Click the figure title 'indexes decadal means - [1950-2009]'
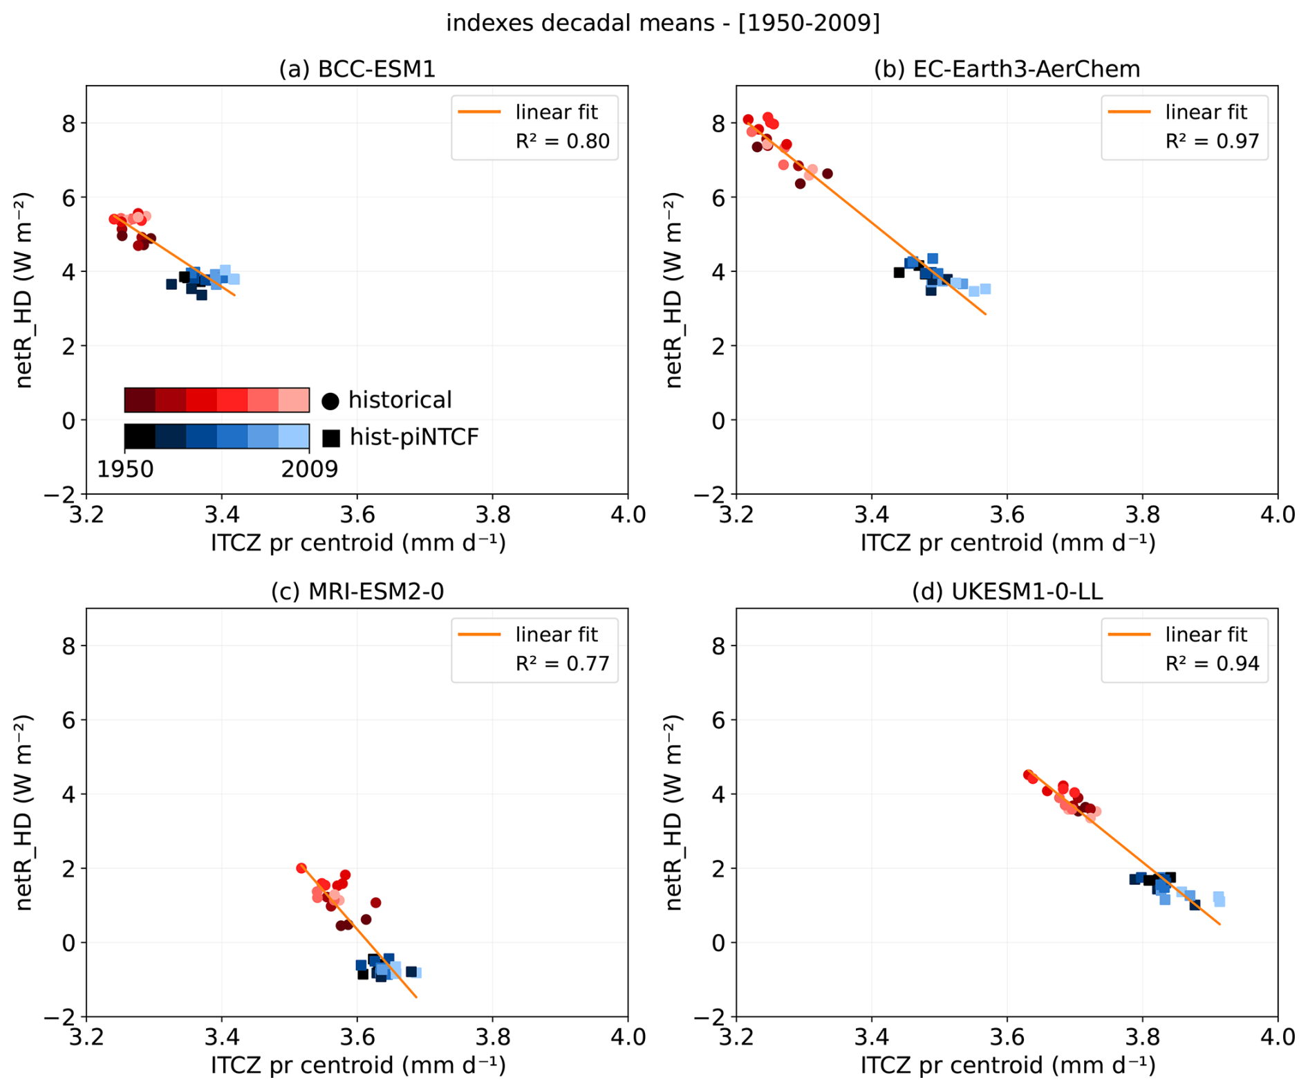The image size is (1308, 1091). coord(662,23)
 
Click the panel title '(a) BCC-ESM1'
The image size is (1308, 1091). coord(357,69)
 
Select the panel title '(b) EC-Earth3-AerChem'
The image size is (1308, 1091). coord(1007,69)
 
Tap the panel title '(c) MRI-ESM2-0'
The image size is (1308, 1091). coord(357,592)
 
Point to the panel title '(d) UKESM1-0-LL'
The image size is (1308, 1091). coord(1007,592)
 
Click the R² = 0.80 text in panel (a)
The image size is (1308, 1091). coord(562,141)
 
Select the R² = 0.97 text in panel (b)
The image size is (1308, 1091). coord(1212,141)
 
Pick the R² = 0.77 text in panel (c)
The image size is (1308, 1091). coord(562,664)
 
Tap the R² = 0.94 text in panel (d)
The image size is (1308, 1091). coord(1212,664)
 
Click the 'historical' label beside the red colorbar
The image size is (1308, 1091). coord(400,400)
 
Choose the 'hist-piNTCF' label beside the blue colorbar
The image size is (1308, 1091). coord(413,437)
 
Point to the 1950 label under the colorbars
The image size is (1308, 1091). coord(125,469)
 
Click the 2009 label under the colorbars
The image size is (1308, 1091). coord(309,469)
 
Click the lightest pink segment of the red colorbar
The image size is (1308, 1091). coord(294,400)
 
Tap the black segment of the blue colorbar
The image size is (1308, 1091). coord(140,437)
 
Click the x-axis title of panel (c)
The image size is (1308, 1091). coord(358,1065)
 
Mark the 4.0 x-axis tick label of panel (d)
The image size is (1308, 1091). coord(1277,1037)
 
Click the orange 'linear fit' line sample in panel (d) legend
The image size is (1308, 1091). coord(1129,634)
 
